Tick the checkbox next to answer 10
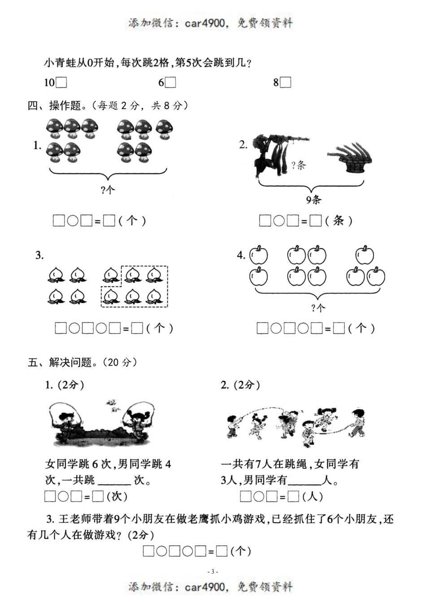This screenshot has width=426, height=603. (61, 83)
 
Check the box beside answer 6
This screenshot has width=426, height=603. (170, 83)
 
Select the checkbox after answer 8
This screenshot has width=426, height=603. (286, 83)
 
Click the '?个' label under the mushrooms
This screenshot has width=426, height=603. (108, 190)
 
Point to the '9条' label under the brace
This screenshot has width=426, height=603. (313, 200)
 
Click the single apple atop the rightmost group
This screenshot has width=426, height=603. (365, 255)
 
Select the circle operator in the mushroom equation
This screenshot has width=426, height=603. (73, 221)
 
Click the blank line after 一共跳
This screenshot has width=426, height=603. (114, 481)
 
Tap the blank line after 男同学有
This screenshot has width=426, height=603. (305, 481)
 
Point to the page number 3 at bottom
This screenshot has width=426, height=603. (213, 572)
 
